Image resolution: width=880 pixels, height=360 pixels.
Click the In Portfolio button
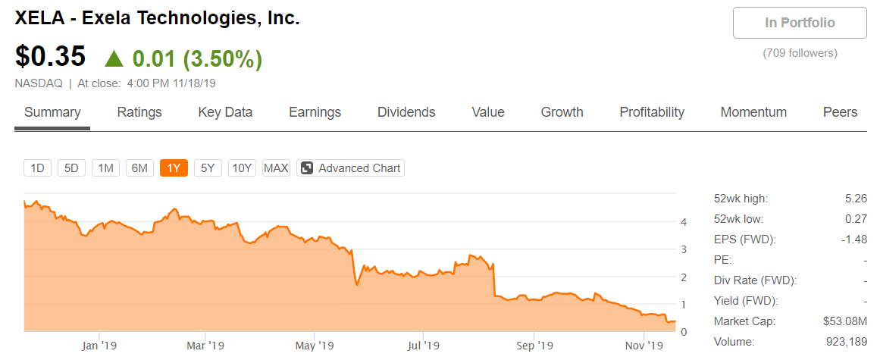click(800, 23)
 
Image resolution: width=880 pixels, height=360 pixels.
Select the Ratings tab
click(139, 112)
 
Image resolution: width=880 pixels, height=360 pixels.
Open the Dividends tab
click(406, 112)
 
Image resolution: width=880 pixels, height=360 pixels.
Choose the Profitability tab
click(652, 112)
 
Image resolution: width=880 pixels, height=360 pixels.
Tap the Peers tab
click(840, 112)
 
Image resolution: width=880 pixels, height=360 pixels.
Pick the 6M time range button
click(139, 168)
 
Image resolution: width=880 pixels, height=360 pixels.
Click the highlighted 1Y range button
click(174, 168)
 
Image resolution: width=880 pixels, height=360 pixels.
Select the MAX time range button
click(276, 168)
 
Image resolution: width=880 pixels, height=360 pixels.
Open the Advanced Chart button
click(350, 168)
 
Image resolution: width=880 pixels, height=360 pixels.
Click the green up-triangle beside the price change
click(114, 58)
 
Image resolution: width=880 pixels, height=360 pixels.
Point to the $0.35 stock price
click(51, 57)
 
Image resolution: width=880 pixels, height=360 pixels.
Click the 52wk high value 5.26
click(856, 199)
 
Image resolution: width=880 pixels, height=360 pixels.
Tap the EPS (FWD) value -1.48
click(854, 239)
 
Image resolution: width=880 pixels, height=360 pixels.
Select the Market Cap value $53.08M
click(845, 321)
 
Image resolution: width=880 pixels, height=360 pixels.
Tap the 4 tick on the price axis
click(684, 222)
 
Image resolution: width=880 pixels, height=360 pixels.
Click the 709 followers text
click(800, 53)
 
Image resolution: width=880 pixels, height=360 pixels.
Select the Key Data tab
click(225, 112)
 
